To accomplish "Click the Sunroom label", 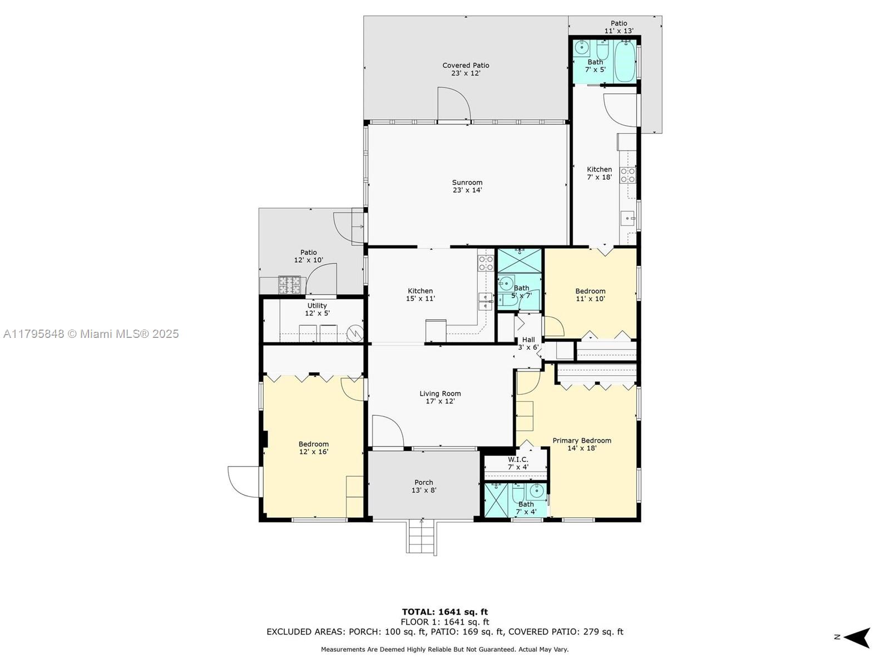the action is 467,183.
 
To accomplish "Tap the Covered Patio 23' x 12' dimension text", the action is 466,73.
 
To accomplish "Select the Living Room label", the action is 440,394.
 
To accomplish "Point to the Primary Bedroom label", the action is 582,440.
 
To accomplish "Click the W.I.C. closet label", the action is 518,460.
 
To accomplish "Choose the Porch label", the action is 424,482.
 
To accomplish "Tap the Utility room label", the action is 317,306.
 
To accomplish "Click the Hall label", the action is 528,340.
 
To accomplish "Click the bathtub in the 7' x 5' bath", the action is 625,61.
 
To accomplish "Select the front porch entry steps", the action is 421,537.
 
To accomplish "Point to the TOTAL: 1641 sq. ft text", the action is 445,612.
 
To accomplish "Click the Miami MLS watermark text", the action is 91,334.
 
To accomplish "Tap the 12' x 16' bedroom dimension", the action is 313,452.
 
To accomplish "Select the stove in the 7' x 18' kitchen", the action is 627,175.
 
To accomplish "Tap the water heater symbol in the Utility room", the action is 355,333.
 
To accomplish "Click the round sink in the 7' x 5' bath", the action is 582,48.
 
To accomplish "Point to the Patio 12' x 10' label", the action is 309,256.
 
